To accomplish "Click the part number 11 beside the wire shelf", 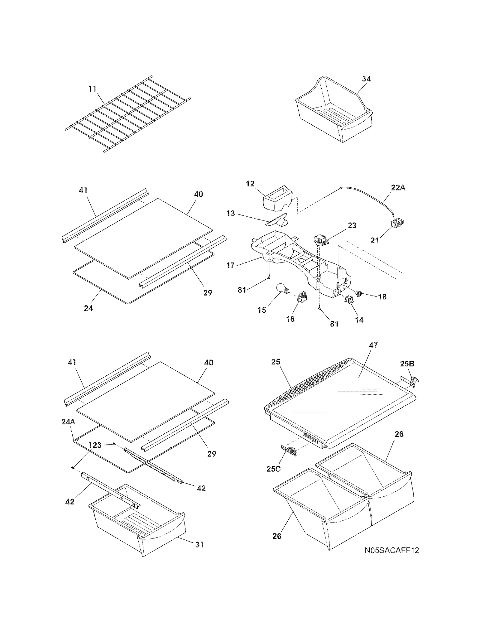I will coord(92,89).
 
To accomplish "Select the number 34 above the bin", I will coord(366,79).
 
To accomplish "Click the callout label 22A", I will coord(398,188).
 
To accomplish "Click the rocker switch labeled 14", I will coord(348,299).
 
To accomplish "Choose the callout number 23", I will coord(352,226).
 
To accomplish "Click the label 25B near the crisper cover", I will coord(407,364).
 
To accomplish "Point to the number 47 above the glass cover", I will coord(373,345).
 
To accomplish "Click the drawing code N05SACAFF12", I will coord(392,551).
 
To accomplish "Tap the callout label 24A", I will coord(68,422).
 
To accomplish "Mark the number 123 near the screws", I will coord(95,445).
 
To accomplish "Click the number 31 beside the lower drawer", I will coord(199,545).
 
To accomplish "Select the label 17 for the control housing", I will coord(230,265).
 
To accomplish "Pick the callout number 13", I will coord(230,214).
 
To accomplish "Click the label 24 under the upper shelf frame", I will coord(88,308).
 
